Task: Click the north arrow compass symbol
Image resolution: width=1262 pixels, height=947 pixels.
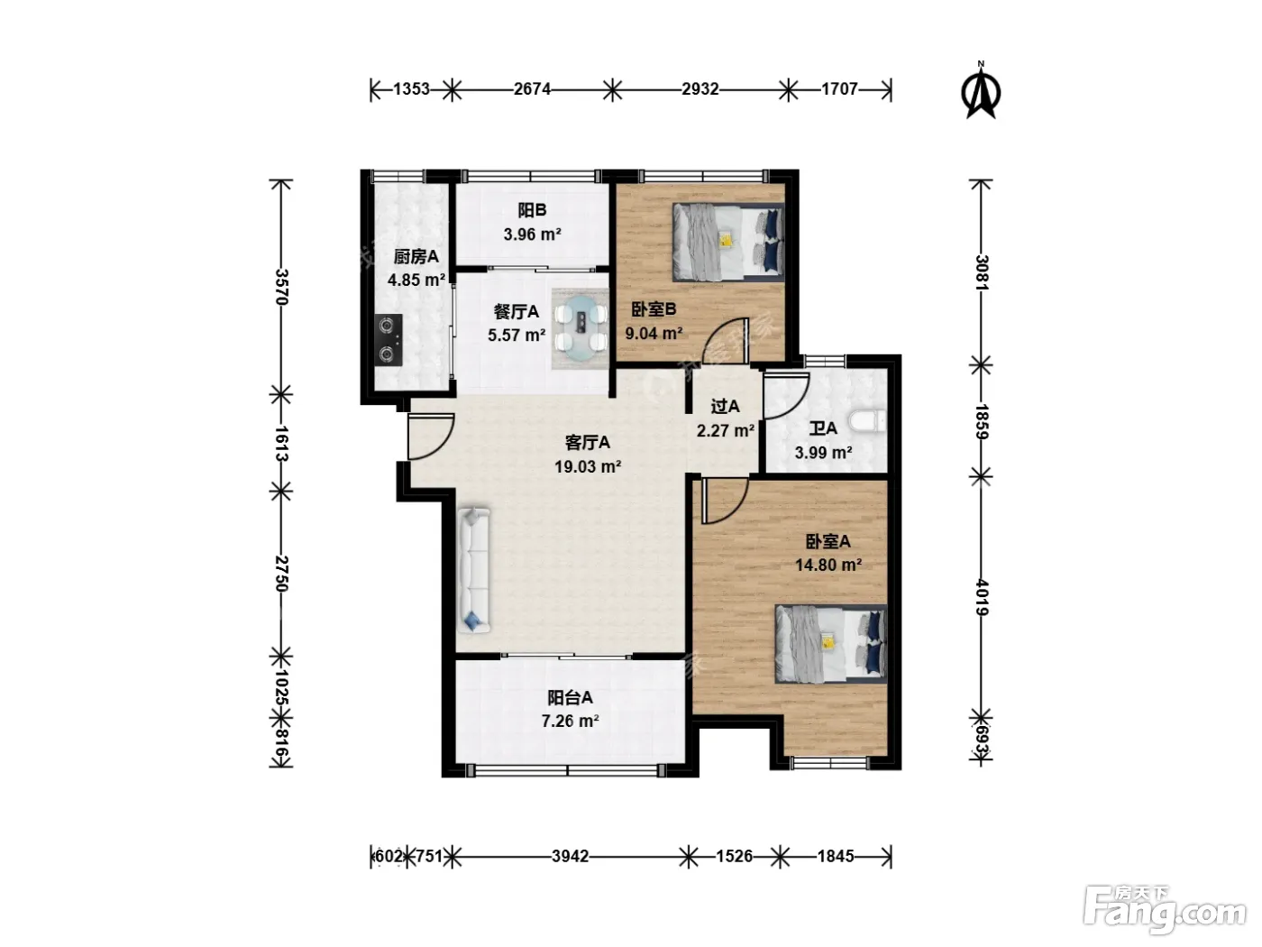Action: [x=981, y=91]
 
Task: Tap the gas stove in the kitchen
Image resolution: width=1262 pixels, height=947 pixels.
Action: [x=389, y=340]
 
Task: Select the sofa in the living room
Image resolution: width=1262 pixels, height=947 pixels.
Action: [x=474, y=570]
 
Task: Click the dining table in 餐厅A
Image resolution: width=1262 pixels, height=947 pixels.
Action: [x=581, y=328]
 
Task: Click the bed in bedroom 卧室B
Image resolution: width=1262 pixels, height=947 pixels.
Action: [x=728, y=242]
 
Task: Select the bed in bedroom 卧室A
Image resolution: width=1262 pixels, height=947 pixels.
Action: [x=831, y=643]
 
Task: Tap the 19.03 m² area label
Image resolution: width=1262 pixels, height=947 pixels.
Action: [x=588, y=466]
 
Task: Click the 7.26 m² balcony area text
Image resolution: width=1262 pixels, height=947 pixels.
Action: [x=571, y=721]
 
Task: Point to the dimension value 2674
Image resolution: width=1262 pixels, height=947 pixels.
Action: [x=532, y=89]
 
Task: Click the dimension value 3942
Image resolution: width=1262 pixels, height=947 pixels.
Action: [x=571, y=856]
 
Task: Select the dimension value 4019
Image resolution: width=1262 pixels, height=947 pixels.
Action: [x=982, y=597]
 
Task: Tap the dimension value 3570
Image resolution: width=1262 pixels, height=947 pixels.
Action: [x=281, y=286]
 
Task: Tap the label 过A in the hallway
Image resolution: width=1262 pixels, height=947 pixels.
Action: [x=725, y=407]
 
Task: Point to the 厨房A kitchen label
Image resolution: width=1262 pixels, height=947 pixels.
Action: [x=416, y=256]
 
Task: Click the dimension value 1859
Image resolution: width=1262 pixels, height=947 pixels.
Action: [x=982, y=421]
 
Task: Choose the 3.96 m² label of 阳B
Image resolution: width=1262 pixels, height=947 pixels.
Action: [x=533, y=234]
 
